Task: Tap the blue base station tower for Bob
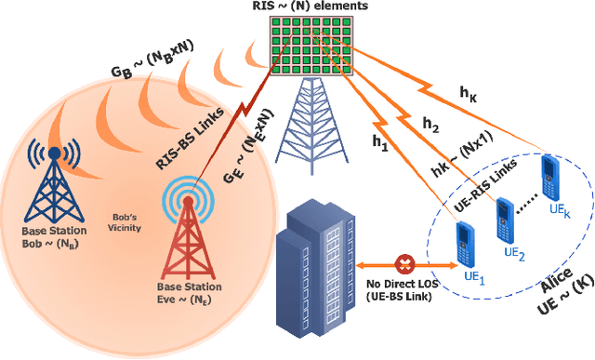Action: coord(54,185)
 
